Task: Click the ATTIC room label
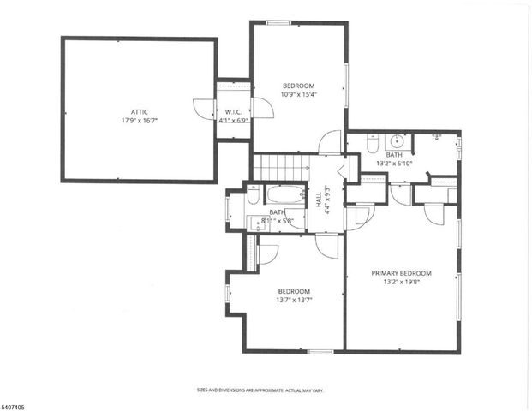(x=139, y=111)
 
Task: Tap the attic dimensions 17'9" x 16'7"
(x=139, y=121)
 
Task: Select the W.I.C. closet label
(x=234, y=112)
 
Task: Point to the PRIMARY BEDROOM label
(x=401, y=274)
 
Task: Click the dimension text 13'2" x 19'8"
(x=401, y=283)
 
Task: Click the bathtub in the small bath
(x=284, y=194)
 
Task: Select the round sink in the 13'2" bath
(x=397, y=142)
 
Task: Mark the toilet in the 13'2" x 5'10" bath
(x=371, y=146)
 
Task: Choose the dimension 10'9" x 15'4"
(x=299, y=95)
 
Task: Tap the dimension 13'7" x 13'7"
(x=293, y=300)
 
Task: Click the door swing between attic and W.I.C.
(x=204, y=108)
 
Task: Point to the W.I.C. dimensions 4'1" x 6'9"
(x=234, y=122)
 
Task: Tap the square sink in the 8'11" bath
(x=257, y=223)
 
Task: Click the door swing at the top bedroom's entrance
(x=331, y=142)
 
